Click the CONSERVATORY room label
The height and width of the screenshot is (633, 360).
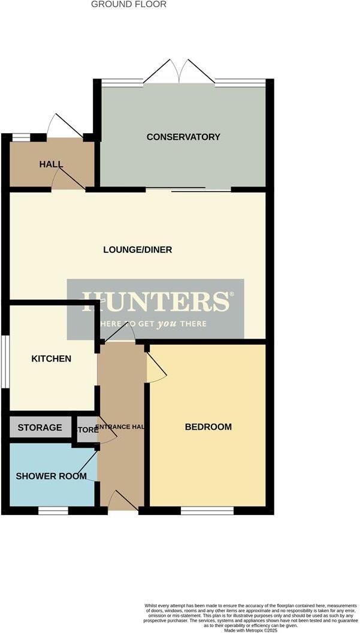tap(183, 137)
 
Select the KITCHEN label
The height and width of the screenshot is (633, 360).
tap(52, 358)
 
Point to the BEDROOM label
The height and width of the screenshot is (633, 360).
tap(208, 427)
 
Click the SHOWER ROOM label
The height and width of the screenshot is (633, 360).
tap(51, 476)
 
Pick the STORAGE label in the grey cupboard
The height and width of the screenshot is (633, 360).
tap(40, 427)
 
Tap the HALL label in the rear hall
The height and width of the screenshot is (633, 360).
tap(51, 164)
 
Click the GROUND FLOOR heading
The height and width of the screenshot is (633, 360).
tap(129, 4)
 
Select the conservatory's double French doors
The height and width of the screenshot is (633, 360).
tap(179, 72)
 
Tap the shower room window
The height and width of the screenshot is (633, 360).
tap(53, 511)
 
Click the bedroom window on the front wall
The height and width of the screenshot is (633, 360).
tap(207, 511)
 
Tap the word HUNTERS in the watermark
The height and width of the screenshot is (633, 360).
tap(155, 302)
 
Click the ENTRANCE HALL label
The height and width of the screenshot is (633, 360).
tap(122, 427)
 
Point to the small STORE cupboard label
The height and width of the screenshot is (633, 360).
tap(87, 430)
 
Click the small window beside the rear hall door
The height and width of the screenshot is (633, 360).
tap(21, 137)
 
